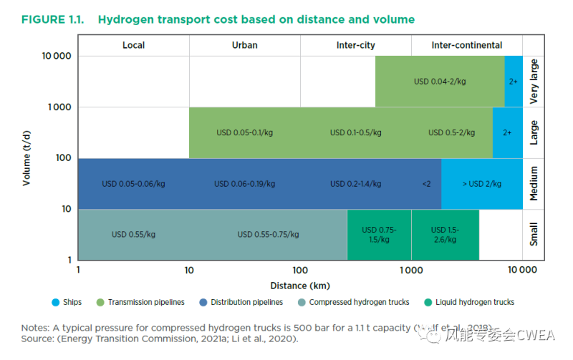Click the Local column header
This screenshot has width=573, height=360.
click(133, 45)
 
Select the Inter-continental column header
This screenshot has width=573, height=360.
click(466, 45)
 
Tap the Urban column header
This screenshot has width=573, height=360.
click(244, 45)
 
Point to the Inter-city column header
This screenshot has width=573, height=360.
click(355, 45)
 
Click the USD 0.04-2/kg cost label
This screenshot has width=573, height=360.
click(440, 82)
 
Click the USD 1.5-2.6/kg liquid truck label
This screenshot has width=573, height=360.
click(444, 235)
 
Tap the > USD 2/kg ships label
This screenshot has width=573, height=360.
click(481, 184)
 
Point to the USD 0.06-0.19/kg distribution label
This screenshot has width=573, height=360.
click(245, 184)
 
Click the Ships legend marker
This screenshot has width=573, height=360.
click(55, 302)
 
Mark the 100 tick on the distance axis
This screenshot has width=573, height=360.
click(300, 271)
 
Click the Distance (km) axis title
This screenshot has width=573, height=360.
click(299, 286)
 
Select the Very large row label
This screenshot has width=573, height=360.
click(534, 82)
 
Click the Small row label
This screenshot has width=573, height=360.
click(534, 235)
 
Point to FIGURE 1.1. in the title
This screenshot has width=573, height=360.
click(53, 19)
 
